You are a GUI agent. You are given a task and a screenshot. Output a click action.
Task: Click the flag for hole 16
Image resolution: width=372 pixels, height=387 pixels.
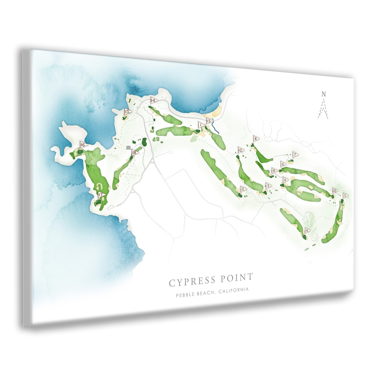point(83,145)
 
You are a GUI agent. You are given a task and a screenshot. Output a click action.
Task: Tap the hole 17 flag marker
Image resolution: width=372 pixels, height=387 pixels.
point(101,195)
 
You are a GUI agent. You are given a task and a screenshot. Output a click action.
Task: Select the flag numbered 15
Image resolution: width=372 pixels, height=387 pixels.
point(127,112)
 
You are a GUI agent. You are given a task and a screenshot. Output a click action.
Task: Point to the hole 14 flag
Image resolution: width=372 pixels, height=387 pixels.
point(153,101)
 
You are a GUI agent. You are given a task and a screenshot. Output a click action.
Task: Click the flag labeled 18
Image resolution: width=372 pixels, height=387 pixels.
point(135,152)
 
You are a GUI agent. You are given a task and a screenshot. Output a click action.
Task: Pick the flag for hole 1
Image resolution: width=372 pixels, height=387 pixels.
point(200,125)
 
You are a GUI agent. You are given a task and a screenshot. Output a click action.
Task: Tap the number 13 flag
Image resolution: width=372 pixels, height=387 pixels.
point(209,121)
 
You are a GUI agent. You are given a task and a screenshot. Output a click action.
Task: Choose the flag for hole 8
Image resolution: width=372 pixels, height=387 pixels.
point(256,139)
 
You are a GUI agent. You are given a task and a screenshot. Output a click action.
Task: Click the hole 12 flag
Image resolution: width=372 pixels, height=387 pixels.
point(241,150)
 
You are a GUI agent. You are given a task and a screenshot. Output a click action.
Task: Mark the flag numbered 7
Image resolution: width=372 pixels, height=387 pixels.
point(295,155)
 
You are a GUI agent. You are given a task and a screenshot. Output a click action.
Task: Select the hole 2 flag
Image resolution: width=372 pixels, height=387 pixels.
point(243,189)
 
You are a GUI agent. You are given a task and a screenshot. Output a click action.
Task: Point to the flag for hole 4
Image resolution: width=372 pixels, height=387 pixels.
point(307,231)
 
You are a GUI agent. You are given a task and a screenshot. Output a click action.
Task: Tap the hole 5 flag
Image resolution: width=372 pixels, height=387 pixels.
point(345,196)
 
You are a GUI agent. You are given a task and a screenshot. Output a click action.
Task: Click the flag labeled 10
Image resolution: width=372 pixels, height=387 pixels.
point(335,190)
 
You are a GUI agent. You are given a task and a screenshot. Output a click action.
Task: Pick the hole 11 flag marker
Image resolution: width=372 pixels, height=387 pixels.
point(285,180)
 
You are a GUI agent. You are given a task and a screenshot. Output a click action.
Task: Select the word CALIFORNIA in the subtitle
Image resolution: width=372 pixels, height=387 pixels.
point(233,291)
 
